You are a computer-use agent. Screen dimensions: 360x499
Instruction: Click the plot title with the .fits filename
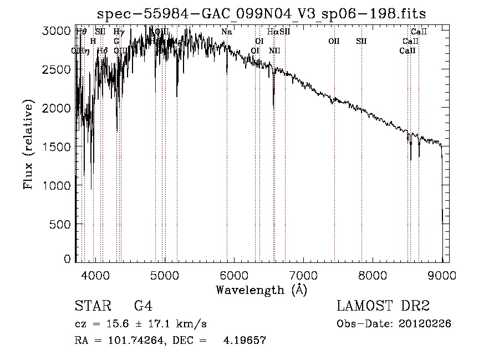(262, 14)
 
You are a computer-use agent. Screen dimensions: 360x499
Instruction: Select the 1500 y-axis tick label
(56, 146)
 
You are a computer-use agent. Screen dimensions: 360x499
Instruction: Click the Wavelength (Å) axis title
(261, 290)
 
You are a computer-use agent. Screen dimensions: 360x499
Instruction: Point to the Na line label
(226, 32)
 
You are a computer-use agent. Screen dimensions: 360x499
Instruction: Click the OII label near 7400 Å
(334, 41)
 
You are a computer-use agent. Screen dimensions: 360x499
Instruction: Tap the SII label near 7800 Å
(361, 41)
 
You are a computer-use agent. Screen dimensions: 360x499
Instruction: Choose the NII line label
(274, 50)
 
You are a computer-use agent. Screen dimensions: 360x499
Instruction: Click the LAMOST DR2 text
(383, 306)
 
